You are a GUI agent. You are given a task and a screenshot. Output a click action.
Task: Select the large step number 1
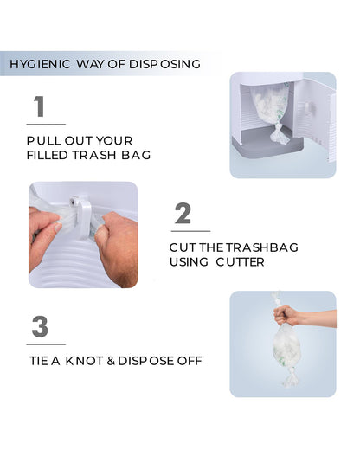coord(38,107)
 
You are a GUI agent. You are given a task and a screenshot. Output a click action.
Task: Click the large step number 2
coord(183,214)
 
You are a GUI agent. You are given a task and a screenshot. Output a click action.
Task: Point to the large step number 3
coord(40,327)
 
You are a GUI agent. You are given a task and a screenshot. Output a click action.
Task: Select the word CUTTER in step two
coord(241,261)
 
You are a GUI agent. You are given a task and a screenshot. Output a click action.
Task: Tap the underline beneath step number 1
coord(45,124)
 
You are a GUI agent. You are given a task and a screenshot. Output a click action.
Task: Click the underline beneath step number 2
coord(190,231)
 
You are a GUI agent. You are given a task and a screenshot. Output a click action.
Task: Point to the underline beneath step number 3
coord(45,344)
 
